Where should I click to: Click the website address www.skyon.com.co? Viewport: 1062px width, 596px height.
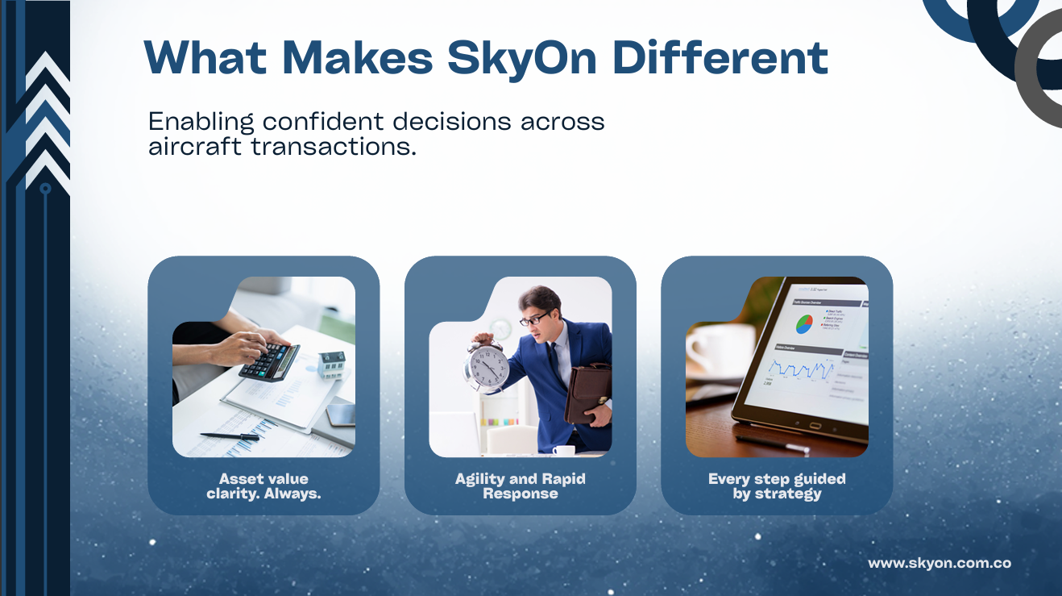(939, 564)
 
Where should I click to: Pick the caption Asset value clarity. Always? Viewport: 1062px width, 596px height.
(263, 486)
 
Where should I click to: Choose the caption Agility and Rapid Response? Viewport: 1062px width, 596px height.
(520, 486)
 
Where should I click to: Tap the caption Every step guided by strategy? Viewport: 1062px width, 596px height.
(777, 486)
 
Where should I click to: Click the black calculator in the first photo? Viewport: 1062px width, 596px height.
(269, 361)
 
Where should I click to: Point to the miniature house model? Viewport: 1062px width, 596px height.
(331, 365)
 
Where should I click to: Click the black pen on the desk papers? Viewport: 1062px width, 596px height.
(230, 436)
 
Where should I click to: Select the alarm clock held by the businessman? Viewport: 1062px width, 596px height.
(487, 366)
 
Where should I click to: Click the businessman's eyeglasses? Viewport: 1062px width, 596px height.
(533, 318)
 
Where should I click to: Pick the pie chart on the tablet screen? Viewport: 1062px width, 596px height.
(804, 324)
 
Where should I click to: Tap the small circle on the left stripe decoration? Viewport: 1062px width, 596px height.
(45, 188)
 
